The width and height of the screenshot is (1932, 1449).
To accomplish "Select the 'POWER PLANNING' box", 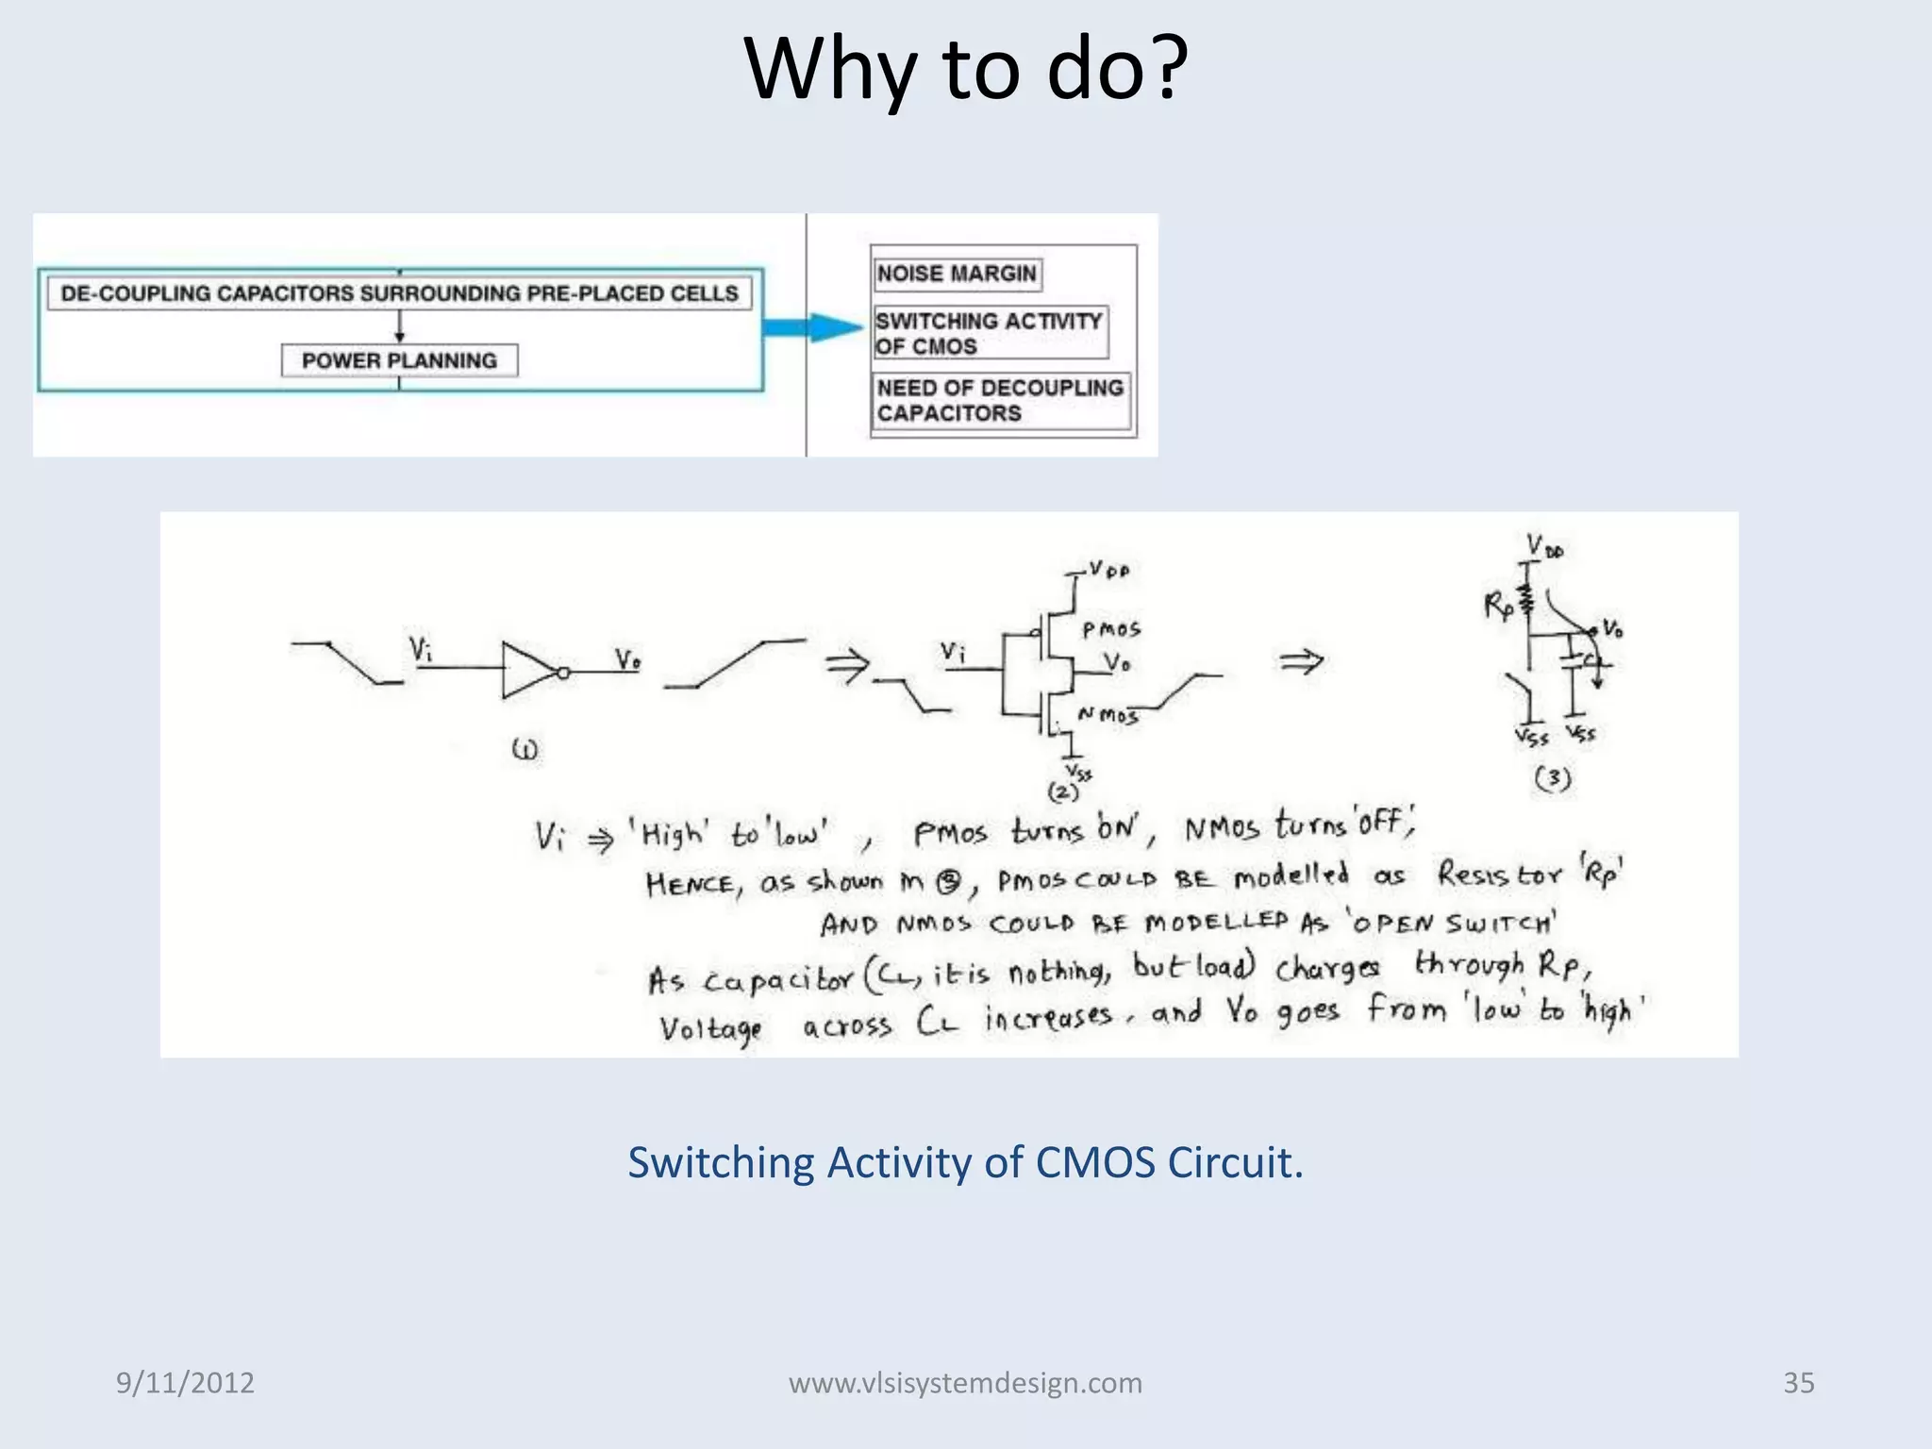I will (399, 360).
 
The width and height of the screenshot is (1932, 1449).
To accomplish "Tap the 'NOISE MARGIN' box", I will (957, 274).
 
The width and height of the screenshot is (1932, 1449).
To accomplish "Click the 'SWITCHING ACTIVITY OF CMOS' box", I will (989, 333).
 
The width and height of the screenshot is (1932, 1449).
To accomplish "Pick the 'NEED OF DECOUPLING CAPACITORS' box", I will (1000, 401).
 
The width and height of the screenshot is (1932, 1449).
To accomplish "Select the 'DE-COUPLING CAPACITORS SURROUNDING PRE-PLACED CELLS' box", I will (399, 293).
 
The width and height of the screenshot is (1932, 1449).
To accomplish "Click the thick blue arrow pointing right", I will (811, 327).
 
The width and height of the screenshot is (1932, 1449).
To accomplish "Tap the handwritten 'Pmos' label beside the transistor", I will (1110, 629).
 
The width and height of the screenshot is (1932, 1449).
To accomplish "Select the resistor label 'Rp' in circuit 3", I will (1497, 605).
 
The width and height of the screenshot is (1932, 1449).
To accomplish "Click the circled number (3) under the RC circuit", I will (1552, 778).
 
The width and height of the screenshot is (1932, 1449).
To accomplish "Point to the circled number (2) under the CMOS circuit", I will (1063, 792).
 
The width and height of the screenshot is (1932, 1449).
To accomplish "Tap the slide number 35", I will (1798, 1382).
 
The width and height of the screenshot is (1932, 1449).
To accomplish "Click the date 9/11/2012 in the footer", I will (185, 1382).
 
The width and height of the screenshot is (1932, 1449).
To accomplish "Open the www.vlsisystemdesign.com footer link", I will (965, 1382).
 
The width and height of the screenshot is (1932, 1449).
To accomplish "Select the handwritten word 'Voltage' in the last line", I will (710, 1028).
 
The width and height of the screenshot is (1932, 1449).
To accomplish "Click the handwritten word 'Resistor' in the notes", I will (1500, 875).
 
